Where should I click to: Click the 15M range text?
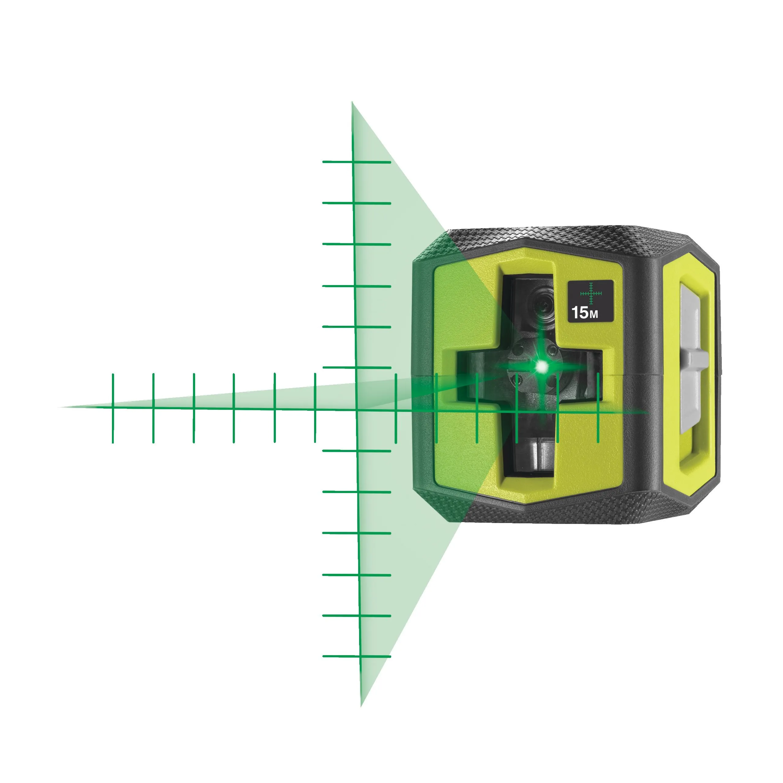(x=585, y=313)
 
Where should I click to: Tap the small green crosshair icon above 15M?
(x=591, y=293)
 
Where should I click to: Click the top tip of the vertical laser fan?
(x=352, y=103)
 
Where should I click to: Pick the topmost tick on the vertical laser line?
(x=357, y=162)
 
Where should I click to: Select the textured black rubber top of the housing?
(x=567, y=237)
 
